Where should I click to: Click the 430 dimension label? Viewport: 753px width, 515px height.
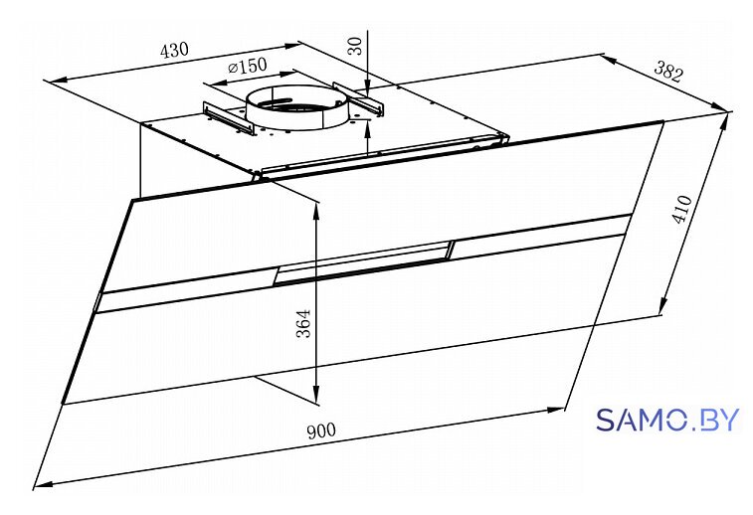click(x=174, y=50)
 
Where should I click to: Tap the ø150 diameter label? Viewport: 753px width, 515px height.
click(x=247, y=67)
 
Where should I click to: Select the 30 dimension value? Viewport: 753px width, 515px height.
click(x=355, y=46)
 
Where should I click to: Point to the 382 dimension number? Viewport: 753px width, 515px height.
click(x=668, y=72)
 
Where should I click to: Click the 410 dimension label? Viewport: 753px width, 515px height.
click(x=682, y=209)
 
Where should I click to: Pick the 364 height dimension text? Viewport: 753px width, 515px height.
click(x=303, y=323)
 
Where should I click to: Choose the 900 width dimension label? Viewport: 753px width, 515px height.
click(x=321, y=430)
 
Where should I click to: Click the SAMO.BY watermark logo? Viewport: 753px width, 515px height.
click(x=667, y=420)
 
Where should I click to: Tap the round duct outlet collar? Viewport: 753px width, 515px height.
click(x=295, y=107)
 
